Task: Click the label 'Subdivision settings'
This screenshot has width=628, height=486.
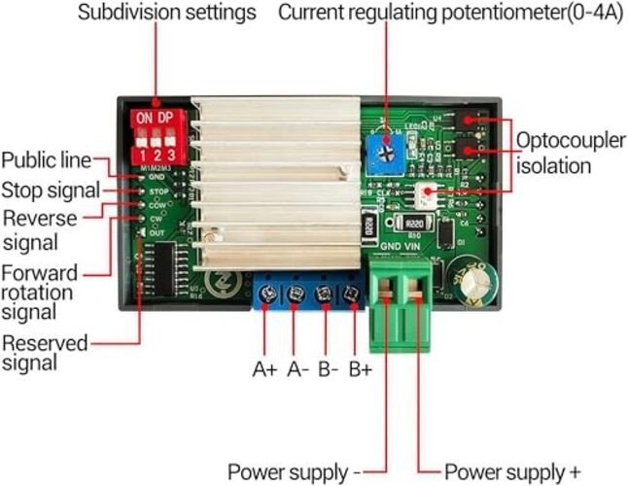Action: point(166,14)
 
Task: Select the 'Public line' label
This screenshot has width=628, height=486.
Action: point(46,159)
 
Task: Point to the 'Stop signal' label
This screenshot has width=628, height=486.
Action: point(50,189)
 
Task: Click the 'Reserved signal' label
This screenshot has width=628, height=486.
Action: point(45,353)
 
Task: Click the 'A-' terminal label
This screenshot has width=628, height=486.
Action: point(297,369)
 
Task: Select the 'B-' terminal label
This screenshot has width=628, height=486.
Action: point(329,369)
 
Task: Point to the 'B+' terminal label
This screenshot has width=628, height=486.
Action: point(362,369)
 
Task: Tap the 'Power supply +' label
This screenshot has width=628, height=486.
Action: point(506,472)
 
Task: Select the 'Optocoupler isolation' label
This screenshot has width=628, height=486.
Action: point(569,153)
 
